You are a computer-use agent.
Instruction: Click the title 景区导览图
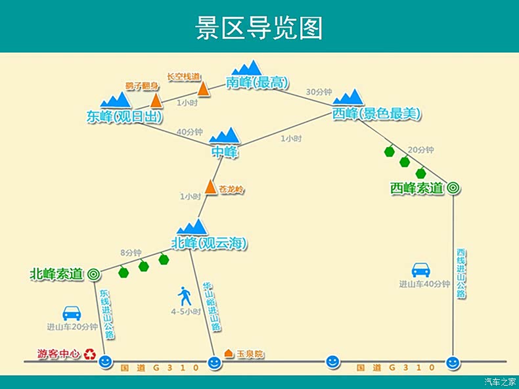click(259, 28)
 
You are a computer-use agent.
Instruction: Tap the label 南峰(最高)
click(257, 83)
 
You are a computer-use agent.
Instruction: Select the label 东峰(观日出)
click(124, 116)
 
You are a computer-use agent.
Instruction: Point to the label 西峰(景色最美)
click(376, 113)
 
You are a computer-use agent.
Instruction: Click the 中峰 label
click(224, 152)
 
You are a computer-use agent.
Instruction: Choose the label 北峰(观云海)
click(210, 244)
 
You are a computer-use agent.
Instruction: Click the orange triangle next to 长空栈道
click(204, 89)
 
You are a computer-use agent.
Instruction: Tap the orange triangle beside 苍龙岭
click(210, 187)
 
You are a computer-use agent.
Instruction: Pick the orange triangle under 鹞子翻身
click(156, 101)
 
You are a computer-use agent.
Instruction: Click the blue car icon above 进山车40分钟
click(420, 270)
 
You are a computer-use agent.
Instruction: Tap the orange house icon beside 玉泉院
click(229, 354)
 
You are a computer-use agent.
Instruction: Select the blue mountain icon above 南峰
click(247, 68)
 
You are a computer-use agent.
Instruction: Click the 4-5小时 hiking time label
click(185, 311)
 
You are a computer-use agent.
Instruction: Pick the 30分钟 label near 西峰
click(319, 92)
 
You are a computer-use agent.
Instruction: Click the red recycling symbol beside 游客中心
click(89, 354)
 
